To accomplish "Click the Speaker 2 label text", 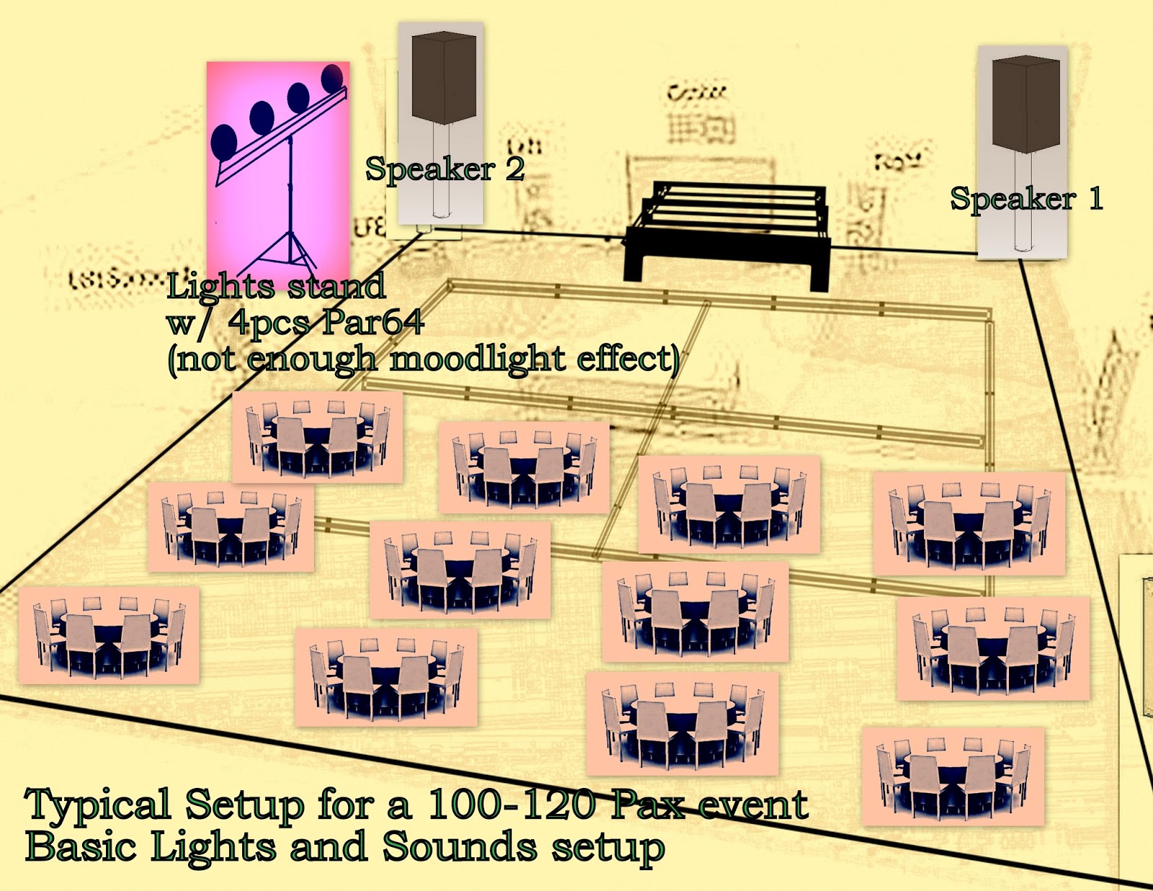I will [445, 169].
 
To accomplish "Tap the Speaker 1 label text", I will [1026, 199].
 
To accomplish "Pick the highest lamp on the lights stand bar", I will [332, 78].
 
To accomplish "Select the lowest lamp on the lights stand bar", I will [224, 141].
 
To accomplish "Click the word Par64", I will [372, 322].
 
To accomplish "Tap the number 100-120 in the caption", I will [511, 804].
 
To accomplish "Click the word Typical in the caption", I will [98, 805].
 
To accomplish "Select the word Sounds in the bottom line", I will [459, 846].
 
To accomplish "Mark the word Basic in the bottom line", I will [80, 846].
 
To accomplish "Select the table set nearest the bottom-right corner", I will [953, 776].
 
